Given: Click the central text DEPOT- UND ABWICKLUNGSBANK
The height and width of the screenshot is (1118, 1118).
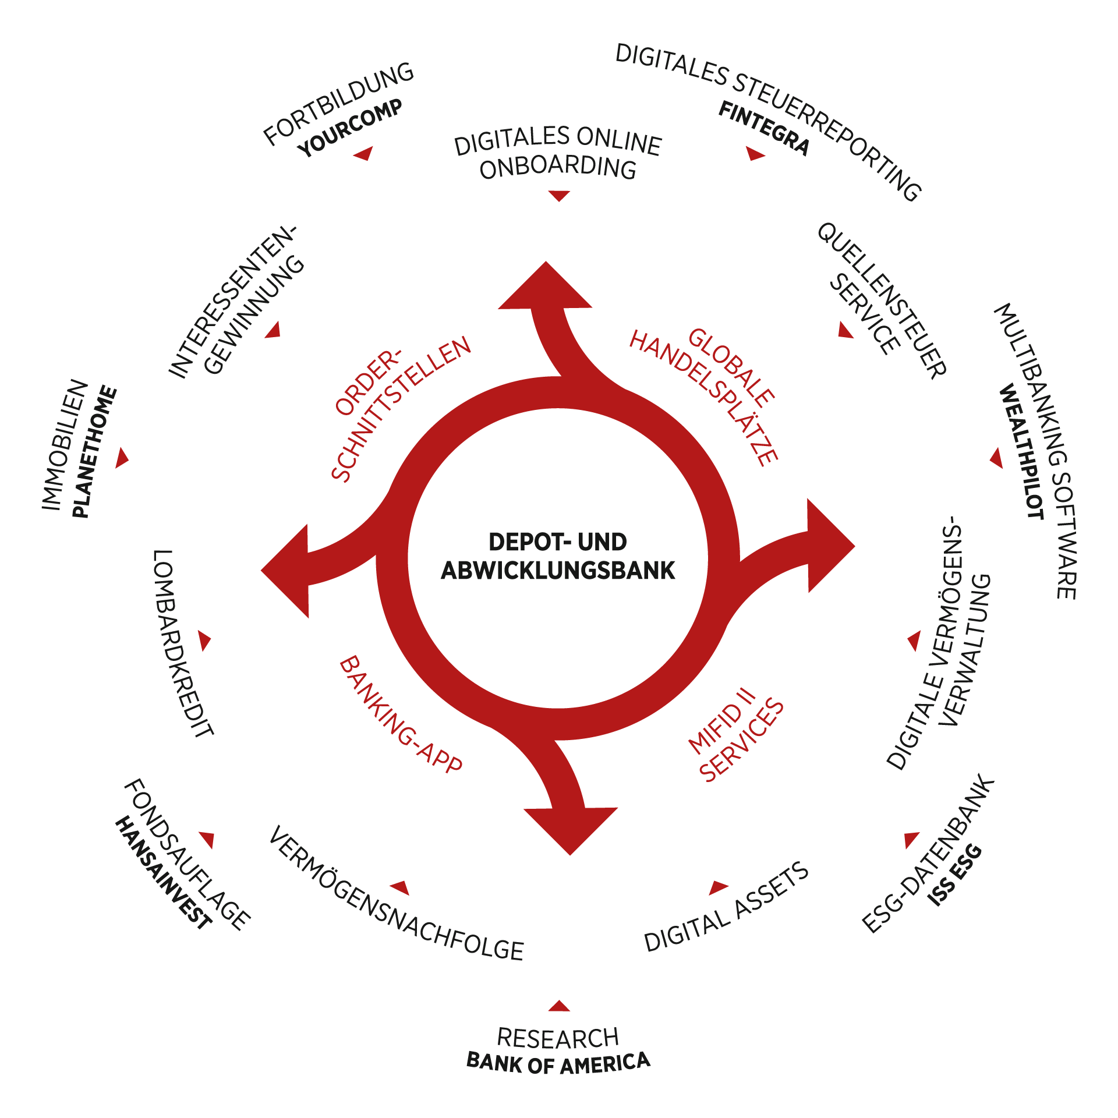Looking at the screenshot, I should pyautogui.click(x=558, y=556).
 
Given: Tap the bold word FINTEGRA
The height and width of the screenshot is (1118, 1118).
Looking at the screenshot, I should pyautogui.click(x=763, y=128).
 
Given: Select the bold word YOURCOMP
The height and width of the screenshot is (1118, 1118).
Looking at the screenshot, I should pyautogui.click(x=350, y=128).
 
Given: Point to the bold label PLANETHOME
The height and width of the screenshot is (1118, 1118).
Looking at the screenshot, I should pyautogui.click(x=94, y=452).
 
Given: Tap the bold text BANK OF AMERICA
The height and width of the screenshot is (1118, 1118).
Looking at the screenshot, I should pyautogui.click(x=558, y=1063).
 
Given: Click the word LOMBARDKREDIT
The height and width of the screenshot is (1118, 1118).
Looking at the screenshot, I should pyautogui.click(x=182, y=643).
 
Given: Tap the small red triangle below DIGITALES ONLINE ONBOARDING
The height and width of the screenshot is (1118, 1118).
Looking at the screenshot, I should pyautogui.click(x=559, y=195).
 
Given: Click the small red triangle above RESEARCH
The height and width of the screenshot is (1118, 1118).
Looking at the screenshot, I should pyautogui.click(x=559, y=1006).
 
